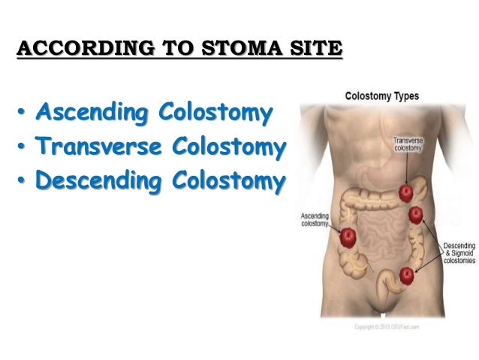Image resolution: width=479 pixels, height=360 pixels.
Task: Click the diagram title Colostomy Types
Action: (x=381, y=97)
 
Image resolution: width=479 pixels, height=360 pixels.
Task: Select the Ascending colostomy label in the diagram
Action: (x=315, y=219)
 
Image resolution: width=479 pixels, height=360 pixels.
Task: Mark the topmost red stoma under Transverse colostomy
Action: (x=408, y=193)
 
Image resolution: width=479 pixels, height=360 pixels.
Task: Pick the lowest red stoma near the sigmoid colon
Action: (x=407, y=274)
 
